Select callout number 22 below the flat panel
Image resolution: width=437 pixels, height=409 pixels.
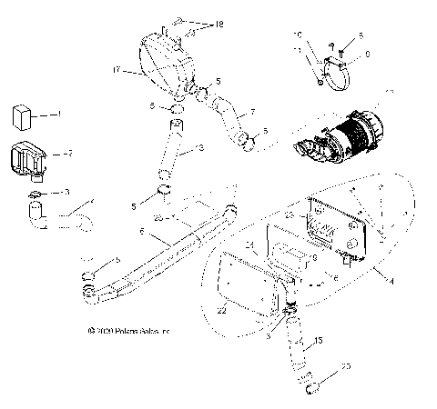click(x=221, y=311)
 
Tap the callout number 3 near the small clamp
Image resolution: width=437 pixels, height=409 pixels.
click(x=66, y=192)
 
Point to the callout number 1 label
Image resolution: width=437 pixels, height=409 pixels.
click(x=58, y=115)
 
